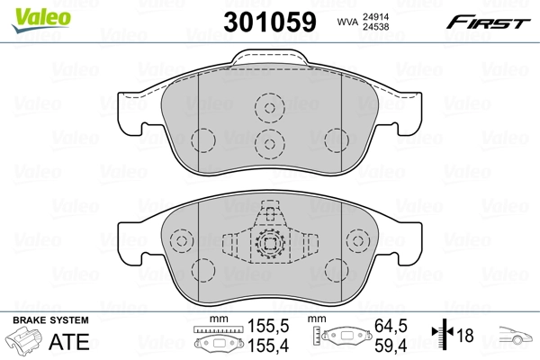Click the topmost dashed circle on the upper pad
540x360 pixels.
(x=268, y=109)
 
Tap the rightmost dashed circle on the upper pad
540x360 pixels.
(x=337, y=141)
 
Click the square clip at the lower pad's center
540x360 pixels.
(x=268, y=243)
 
